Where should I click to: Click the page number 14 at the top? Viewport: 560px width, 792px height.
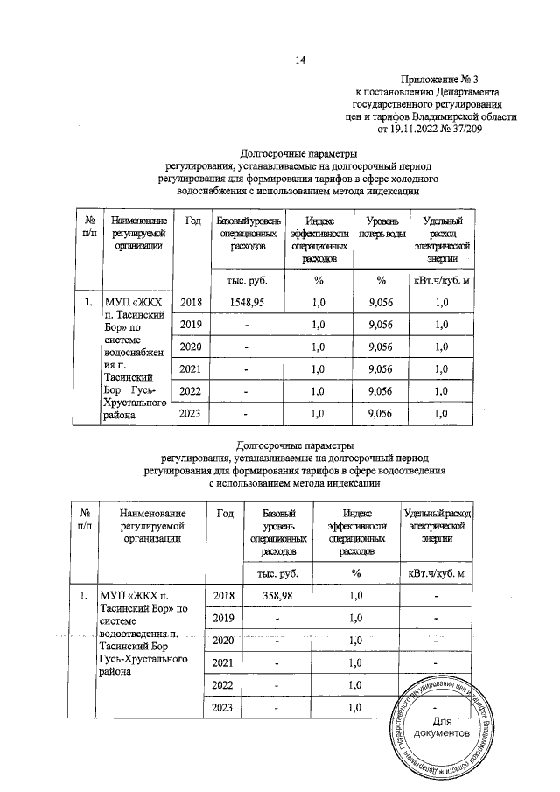302,60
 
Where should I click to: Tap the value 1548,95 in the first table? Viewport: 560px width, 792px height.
246,302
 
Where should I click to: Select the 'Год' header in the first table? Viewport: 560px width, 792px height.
194,223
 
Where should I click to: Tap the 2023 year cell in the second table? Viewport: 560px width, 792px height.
221,708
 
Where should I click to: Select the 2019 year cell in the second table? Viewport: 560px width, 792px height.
221,619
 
